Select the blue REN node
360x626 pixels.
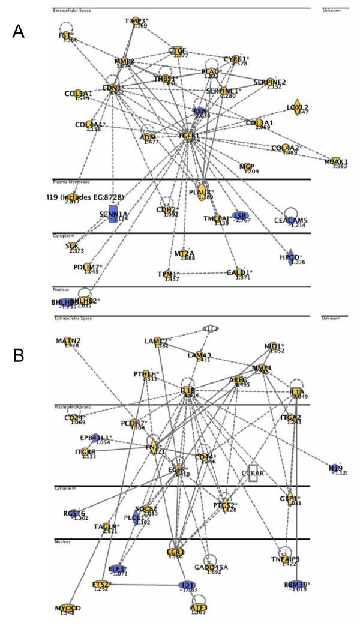200,110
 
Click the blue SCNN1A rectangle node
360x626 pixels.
112,214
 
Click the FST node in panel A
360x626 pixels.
64,35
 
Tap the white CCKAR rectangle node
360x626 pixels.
254,472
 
